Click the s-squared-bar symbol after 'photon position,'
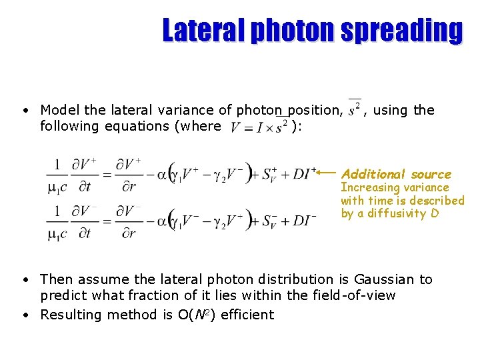coord(355,107)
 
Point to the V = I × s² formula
coord(259,126)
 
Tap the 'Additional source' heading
coord(396,174)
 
